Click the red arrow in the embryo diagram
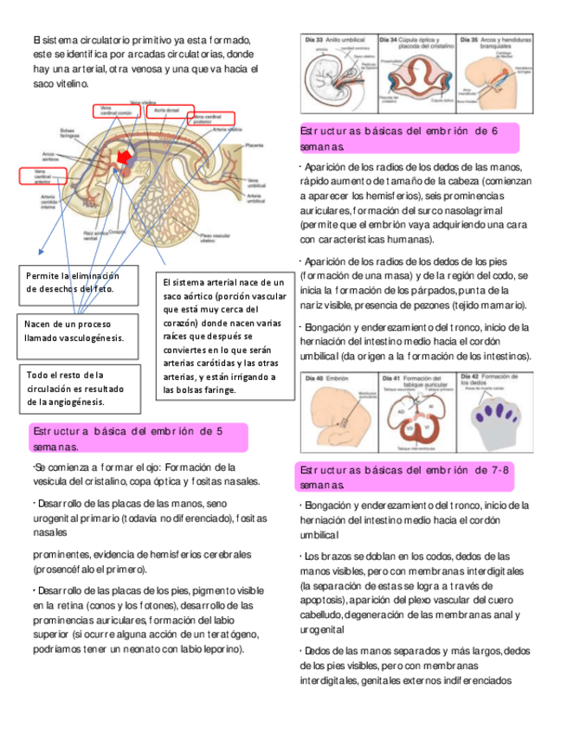click(x=125, y=156)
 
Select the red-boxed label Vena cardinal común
click(x=116, y=112)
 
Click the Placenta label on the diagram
click(x=255, y=145)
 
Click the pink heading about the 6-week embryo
click(x=407, y=138)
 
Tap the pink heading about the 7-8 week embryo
click(x=407, y=476)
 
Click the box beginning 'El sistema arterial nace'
click(x=222, y=336)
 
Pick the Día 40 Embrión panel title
click(x=327, y=377)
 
